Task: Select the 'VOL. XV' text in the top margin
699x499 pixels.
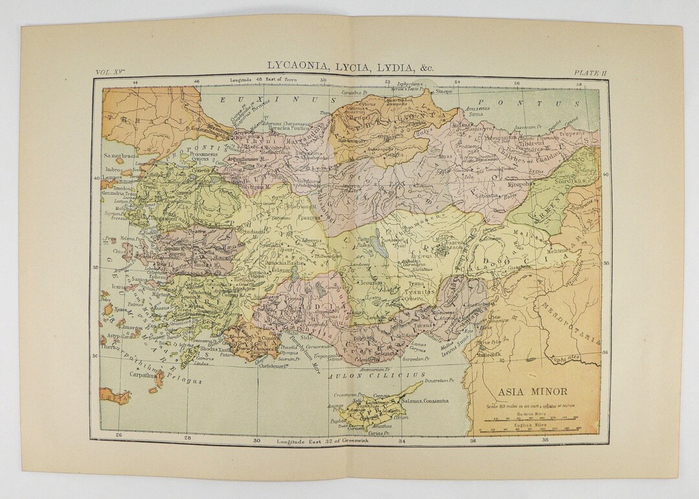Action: click(110, 73)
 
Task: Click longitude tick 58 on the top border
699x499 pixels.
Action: click(580, 83)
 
